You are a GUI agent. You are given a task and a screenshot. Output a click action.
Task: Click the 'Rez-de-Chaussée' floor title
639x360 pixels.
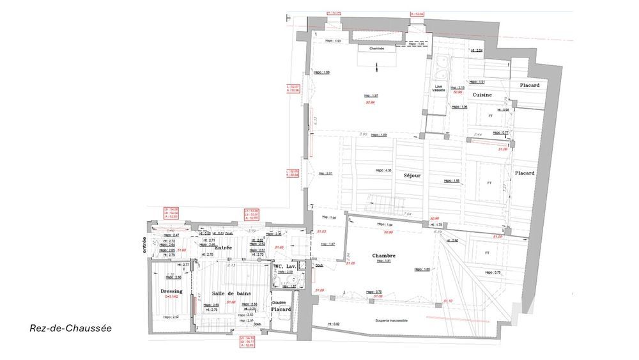[70, 328]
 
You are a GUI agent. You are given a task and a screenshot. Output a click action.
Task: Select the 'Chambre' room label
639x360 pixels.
[384, 255]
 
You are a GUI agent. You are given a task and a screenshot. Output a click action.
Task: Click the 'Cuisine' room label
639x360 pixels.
[482, 95]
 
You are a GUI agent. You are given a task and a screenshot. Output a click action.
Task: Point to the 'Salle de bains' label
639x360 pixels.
[231, 292]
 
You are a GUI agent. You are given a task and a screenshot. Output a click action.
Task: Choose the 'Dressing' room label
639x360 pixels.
[171, 291]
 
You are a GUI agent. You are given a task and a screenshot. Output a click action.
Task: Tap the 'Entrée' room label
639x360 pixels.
[223, 247]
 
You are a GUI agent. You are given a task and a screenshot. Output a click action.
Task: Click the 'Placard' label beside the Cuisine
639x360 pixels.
[529, 85]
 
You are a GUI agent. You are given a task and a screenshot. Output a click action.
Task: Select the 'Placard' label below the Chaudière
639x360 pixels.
[281, 309]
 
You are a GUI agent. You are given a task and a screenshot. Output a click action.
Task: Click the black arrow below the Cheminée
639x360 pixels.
[377, 66]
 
